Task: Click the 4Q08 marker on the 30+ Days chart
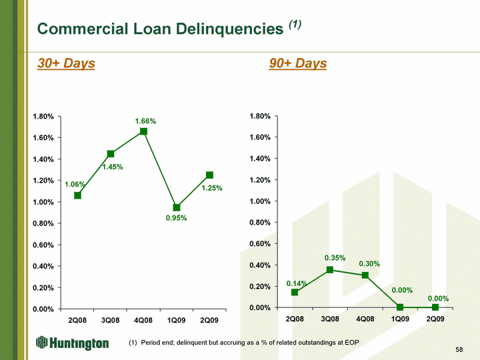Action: tap(143, 131)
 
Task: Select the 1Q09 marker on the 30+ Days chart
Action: tap(176, 207)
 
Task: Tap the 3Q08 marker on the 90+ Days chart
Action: tap(330, 270)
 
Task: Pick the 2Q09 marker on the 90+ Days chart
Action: tap(435, 307)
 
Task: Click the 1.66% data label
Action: tap(146, 121)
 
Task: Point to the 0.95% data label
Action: tap(176, 218)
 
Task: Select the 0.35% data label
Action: tap(335, 258)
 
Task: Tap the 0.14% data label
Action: tap(297, 283)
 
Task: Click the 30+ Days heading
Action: tap(66, 63)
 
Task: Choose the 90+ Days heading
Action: tap(298, 63)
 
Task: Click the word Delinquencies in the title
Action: tap(229, 29)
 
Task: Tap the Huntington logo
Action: tap(72, 343)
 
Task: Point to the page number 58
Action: tap(459, 349)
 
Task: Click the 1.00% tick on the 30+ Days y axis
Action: tap(43, 202)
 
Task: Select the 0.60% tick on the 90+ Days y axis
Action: tap(260, 244)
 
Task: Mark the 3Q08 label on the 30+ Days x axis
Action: tap(110, 321)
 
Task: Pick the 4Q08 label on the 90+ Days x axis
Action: tap(365, 319)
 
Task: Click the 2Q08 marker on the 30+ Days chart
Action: tap(77, 195)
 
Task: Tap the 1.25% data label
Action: tap(212, 188)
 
